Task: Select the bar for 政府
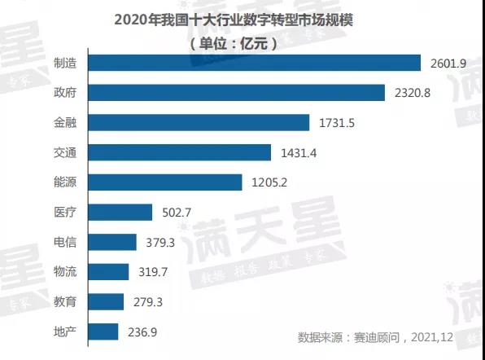tap(236, 93)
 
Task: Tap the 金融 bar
tap(199, 122)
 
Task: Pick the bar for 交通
tap(179, 152)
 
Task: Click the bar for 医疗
tap(120, 213)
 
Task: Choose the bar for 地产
tap(103, 331)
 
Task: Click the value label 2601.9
tap(447, 63)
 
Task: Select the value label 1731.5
tap(335, 123)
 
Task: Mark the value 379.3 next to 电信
tap(159, 242)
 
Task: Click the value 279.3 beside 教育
tap(146, 301)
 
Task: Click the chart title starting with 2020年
tap(242, 17)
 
